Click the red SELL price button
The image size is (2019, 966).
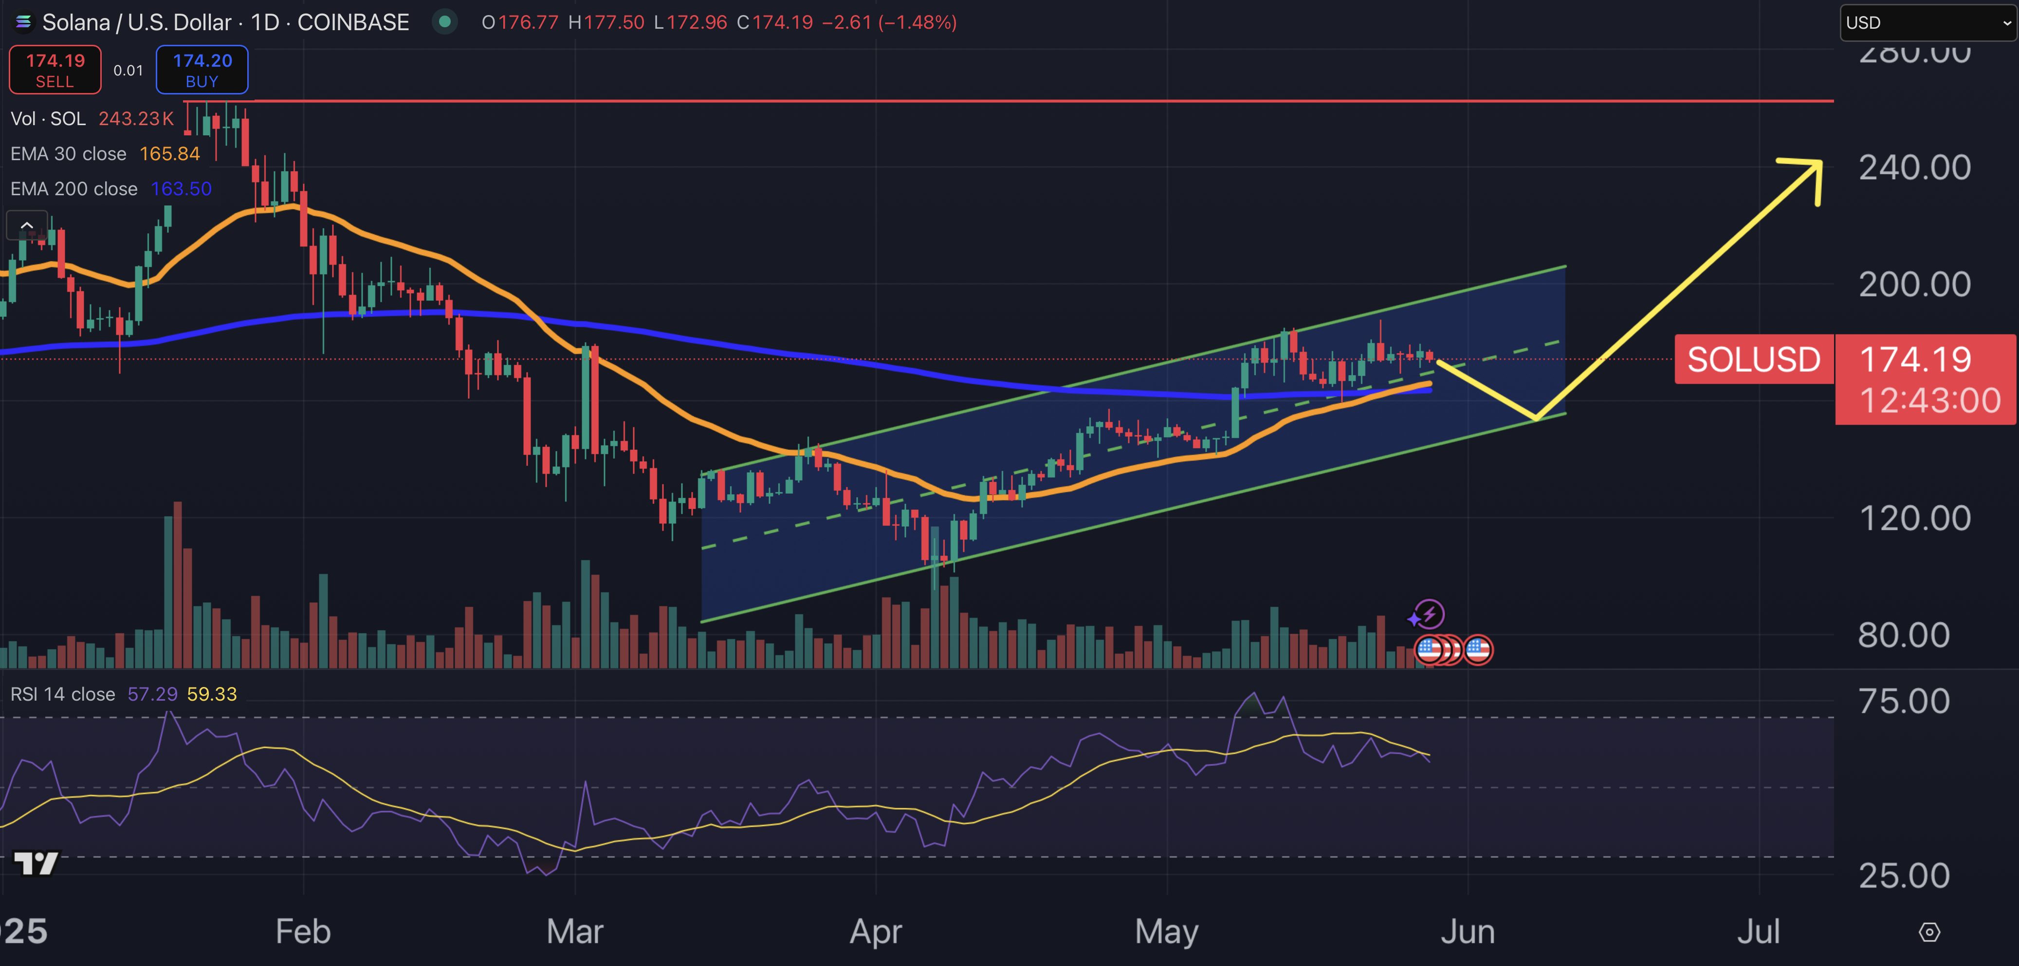[x=55, y=70]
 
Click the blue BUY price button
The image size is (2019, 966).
[x=202, y=70]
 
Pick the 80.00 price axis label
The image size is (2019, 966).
[x=1903, y=635]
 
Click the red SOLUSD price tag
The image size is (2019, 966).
[x=1753, y=360]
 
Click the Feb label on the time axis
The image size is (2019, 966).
[x=303, y=931]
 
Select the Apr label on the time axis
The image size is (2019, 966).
[x=876, y=931]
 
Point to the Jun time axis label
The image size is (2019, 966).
[x=1467, y=931]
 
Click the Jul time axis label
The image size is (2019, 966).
[x=1758, y=931]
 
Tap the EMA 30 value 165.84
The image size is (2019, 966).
[x=169, y=154]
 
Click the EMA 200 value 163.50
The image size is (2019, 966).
[x=181, y=189]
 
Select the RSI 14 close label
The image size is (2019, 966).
[x=63, y=694]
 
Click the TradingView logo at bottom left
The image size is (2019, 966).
[x=36, y=863]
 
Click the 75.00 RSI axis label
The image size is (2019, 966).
[x=1903, y=701]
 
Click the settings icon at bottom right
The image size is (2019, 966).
[x=1929, y=932]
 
